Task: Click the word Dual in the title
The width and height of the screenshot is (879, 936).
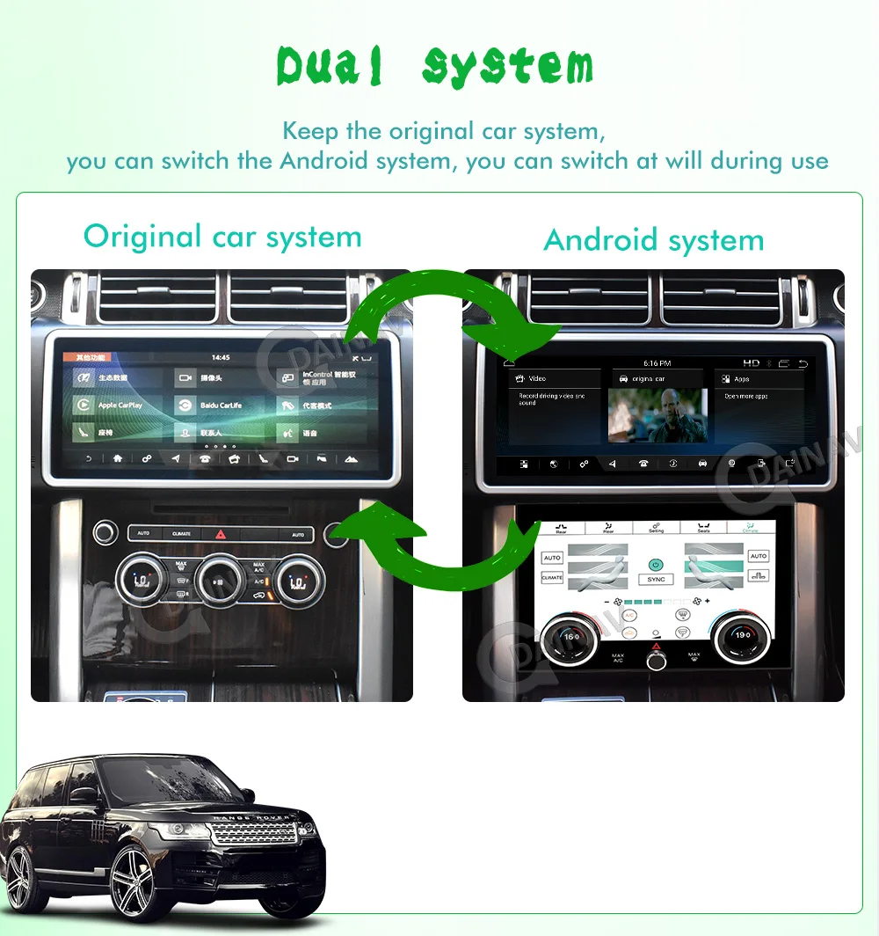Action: [331, 66]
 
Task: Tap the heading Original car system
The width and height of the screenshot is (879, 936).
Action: [222, 237]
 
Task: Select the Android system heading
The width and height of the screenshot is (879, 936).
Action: [654, 239]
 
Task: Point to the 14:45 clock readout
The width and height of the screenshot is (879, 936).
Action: [222, 358]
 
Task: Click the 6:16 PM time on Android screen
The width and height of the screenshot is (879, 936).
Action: [657, 363]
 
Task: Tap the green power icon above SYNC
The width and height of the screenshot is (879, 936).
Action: [656, 564]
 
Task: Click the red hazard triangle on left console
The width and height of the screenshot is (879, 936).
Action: [220, 534]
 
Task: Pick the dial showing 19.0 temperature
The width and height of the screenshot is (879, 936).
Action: [742, 634]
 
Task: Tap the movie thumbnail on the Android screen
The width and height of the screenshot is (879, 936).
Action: [657, 414]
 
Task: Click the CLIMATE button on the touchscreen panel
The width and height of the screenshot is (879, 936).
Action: [552, 577]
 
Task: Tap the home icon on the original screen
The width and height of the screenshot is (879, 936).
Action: [117, 459]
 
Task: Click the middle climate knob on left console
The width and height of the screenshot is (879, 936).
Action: [220, 578]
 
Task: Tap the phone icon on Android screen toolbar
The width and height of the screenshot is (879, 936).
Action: [643, 464]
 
